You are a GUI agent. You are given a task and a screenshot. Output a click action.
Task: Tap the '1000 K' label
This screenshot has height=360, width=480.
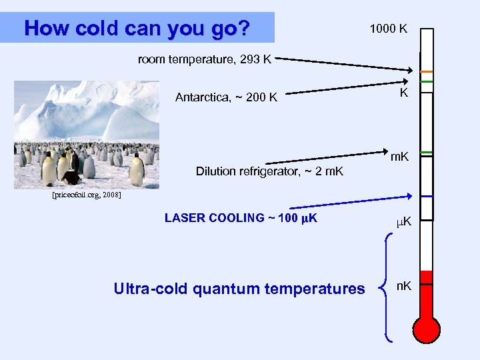coord(389,29)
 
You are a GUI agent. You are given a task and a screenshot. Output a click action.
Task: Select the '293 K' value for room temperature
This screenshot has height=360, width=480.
coord(256,59)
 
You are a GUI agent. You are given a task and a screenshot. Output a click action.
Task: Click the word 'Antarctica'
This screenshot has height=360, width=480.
coord(200,98)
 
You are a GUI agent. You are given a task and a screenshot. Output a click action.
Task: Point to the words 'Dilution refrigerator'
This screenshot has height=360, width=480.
coord(244,171)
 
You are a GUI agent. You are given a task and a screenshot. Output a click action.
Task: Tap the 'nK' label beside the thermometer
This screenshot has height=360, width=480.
coord(404,286)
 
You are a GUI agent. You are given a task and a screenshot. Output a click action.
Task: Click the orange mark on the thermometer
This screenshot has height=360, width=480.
coord(427,71)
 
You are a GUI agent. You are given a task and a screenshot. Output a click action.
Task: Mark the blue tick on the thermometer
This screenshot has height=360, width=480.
coord(427,196)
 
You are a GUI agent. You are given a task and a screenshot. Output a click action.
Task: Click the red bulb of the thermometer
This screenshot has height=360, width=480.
coord(427,329)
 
